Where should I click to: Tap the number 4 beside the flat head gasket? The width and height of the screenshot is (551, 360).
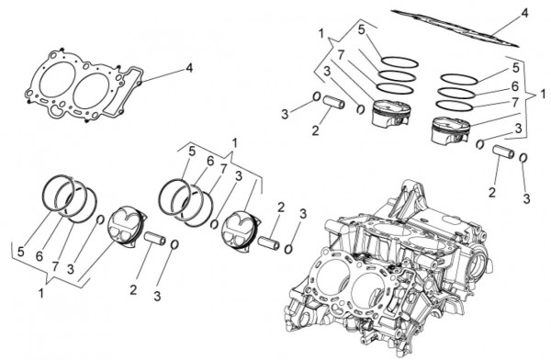[x=189, y=68]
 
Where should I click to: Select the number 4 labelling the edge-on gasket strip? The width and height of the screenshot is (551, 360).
[x=524, y=14]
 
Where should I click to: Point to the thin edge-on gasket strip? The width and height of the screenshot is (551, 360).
[x=455, y=28]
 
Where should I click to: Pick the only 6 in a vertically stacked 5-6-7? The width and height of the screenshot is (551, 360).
[x=515, y=86]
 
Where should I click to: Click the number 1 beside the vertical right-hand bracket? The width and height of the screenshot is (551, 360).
[x=543, y=95]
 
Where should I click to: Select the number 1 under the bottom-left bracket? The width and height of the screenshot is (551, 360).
[x=41, y=293]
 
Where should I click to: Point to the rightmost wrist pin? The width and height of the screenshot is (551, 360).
[x=503, y=152]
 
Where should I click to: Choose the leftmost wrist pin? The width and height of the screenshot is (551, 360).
[x=154, y=239]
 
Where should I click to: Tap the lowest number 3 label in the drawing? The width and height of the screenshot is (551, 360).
[x=157, y=296]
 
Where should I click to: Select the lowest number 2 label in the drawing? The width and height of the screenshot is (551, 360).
[x=133, y=290]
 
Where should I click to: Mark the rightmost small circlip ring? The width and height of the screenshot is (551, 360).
[x=523, y=158]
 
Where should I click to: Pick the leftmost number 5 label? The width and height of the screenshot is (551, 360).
[x=21, y=252]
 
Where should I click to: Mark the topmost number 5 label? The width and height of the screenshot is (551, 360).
[x=362, y=29]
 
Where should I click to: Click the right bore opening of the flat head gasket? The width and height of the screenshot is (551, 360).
[x=91, y=91]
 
